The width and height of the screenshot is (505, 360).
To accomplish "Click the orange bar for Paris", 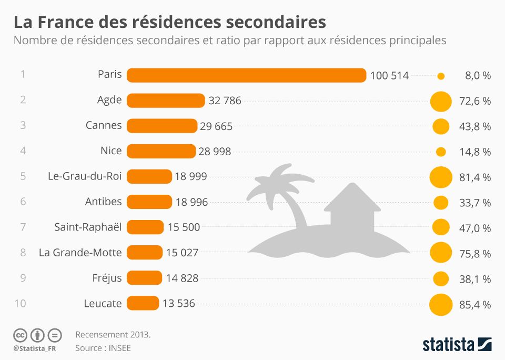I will coord(246,75).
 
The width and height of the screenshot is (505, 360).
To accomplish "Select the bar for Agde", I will coord(166,101).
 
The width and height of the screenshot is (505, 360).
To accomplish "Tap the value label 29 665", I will coord(216,126).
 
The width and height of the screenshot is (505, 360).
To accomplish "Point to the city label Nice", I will coord(111,151).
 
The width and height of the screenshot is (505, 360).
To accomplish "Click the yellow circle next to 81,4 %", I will coord(441,177).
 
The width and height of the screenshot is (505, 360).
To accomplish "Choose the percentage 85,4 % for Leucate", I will coord(475,305).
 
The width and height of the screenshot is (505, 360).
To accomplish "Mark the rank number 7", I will coord(23,227).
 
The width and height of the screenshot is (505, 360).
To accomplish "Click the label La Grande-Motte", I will coord(80,253).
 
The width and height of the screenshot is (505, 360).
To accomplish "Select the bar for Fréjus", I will coord(144,278).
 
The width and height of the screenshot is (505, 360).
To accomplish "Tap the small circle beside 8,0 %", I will coord(441,76).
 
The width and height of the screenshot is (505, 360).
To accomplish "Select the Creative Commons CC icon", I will coord(20,335).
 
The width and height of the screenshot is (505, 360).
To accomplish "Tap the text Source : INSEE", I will coord(103,348).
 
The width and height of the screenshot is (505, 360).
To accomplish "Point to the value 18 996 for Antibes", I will coord(191,202).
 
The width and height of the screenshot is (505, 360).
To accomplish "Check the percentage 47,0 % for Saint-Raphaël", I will coord(475,228).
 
